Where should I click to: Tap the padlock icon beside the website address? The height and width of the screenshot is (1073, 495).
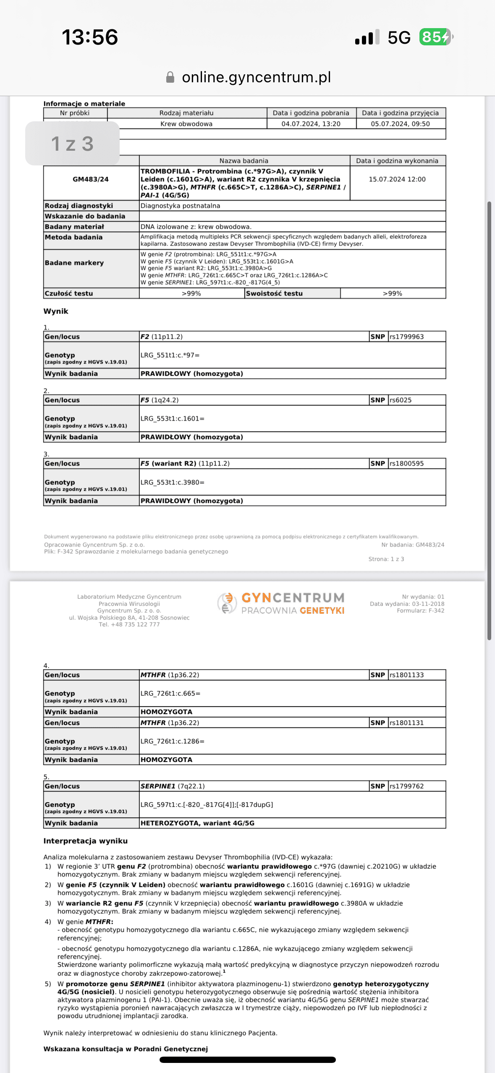coord(170,77)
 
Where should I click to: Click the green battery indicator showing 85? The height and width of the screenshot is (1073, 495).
coord(435,37)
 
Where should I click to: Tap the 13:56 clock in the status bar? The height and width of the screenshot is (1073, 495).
coord(90,37)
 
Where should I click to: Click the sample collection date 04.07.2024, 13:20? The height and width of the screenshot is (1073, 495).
coord(311,124)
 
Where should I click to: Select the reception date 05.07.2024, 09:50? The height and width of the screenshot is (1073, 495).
coord(400,124)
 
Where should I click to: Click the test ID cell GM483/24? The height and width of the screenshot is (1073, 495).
coord(91,179)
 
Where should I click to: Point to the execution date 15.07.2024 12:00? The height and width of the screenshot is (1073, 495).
coord(397,179)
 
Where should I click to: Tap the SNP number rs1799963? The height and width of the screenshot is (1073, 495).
coord(407,337)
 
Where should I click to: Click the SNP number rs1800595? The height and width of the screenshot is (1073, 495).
coord(407,463)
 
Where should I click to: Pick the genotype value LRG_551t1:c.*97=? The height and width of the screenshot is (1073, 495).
coord(170,355)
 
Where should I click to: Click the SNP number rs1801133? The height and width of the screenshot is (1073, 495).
coord(407,675)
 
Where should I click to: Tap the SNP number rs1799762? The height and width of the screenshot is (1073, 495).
coord(407,786)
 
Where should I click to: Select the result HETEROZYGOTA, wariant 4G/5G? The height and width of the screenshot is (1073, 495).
coord(197,823)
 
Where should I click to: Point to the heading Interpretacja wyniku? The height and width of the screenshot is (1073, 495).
coord(86,841)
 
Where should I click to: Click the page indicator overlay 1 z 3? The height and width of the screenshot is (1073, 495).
coord(72,144)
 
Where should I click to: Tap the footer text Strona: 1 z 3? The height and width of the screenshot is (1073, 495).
coord(386,559)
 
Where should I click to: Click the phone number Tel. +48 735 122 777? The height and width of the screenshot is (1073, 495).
coord(129,625)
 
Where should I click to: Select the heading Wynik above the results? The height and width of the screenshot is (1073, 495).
coord(56,311)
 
